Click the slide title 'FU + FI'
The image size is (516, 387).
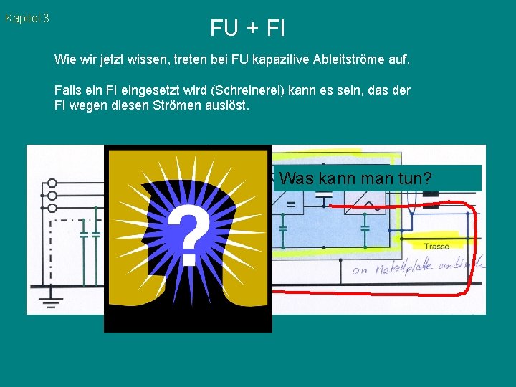click(247, 28)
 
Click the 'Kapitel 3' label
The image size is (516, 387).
click(27, 19)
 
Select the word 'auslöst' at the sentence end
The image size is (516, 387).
click(226, 105)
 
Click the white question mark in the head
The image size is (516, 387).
click(188, 232)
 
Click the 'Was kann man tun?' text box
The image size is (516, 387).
click(376, 178)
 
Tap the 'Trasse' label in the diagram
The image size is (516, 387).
click(436, 247)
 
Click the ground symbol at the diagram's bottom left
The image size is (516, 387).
click(50, 299)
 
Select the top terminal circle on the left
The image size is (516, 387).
click(52, 183)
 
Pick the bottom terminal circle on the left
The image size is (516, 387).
click(52, 208)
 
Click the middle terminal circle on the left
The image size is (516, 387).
click(52, 195)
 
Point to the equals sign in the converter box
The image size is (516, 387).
click(290, 205)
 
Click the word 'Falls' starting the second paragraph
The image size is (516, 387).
click(68, 91)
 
